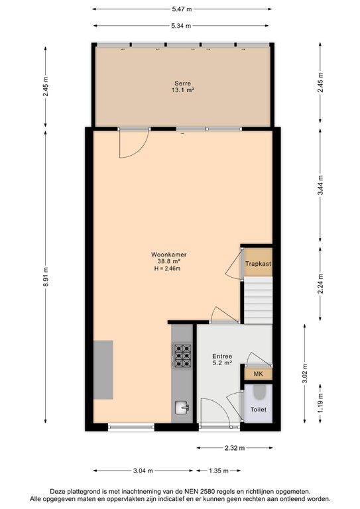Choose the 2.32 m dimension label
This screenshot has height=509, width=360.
tap(235, 448)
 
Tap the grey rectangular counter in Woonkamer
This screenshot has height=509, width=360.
tap(103, 369)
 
